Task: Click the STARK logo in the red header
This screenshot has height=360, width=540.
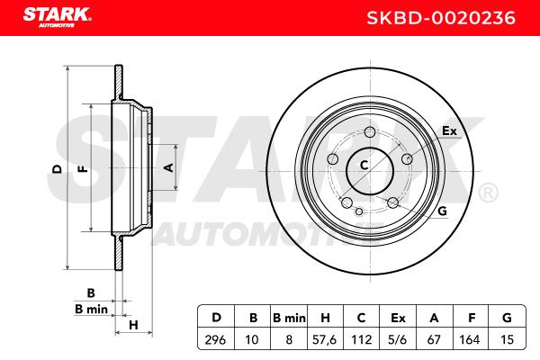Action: click(x=58, y=17)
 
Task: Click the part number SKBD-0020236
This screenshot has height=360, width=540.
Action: click(x=441, y=18)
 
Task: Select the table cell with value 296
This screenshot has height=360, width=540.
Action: click(x=216, y=339)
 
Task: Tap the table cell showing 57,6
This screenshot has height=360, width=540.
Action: click(x=324, y=339)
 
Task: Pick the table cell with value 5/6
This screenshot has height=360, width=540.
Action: click(x=397, y=339)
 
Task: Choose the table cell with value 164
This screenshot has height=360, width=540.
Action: click(x=470, y=339)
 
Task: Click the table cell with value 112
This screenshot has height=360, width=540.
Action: click(x=361, y=339)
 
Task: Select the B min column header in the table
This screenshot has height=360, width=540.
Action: click(x=289, y=318)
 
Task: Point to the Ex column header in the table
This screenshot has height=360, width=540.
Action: click(x=398, y=318)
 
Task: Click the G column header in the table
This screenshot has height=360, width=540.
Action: click(x=508, y=318)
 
